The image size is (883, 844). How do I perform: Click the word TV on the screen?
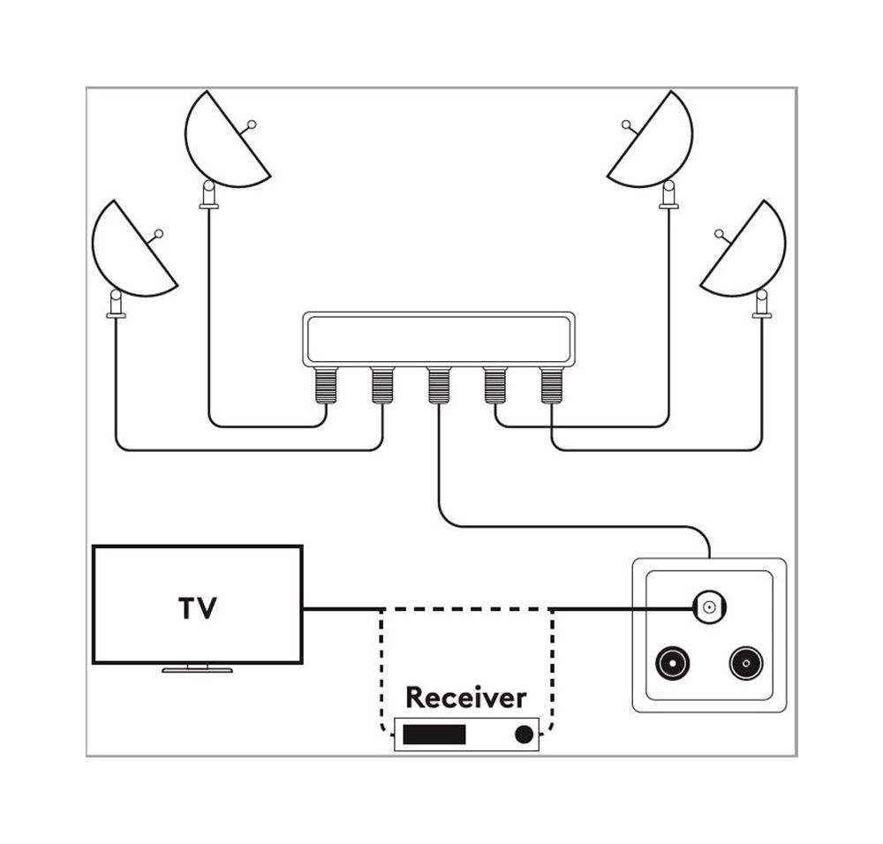tap(198, 608)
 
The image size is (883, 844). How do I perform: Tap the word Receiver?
tap(465, 697)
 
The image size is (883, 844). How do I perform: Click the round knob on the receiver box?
tap(525, 735)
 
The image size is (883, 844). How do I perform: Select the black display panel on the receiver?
tap(434, 735)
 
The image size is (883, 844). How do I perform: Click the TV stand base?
tap(197, 669)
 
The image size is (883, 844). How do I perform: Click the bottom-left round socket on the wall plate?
tap(672, 663)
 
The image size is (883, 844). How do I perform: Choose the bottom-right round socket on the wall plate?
tap(745, 663)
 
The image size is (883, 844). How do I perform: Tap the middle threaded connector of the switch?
tap(439, 385)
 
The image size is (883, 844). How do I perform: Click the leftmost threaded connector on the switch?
tap(327, 385)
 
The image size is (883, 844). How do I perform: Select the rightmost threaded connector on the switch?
tap(551, 385)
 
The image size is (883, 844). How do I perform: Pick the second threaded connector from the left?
tap(382, 385)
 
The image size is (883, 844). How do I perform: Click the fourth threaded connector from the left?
tap(494, 385)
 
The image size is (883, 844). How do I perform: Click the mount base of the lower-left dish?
tap(115, 305)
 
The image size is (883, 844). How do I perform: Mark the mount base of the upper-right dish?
tap(668, 196)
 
